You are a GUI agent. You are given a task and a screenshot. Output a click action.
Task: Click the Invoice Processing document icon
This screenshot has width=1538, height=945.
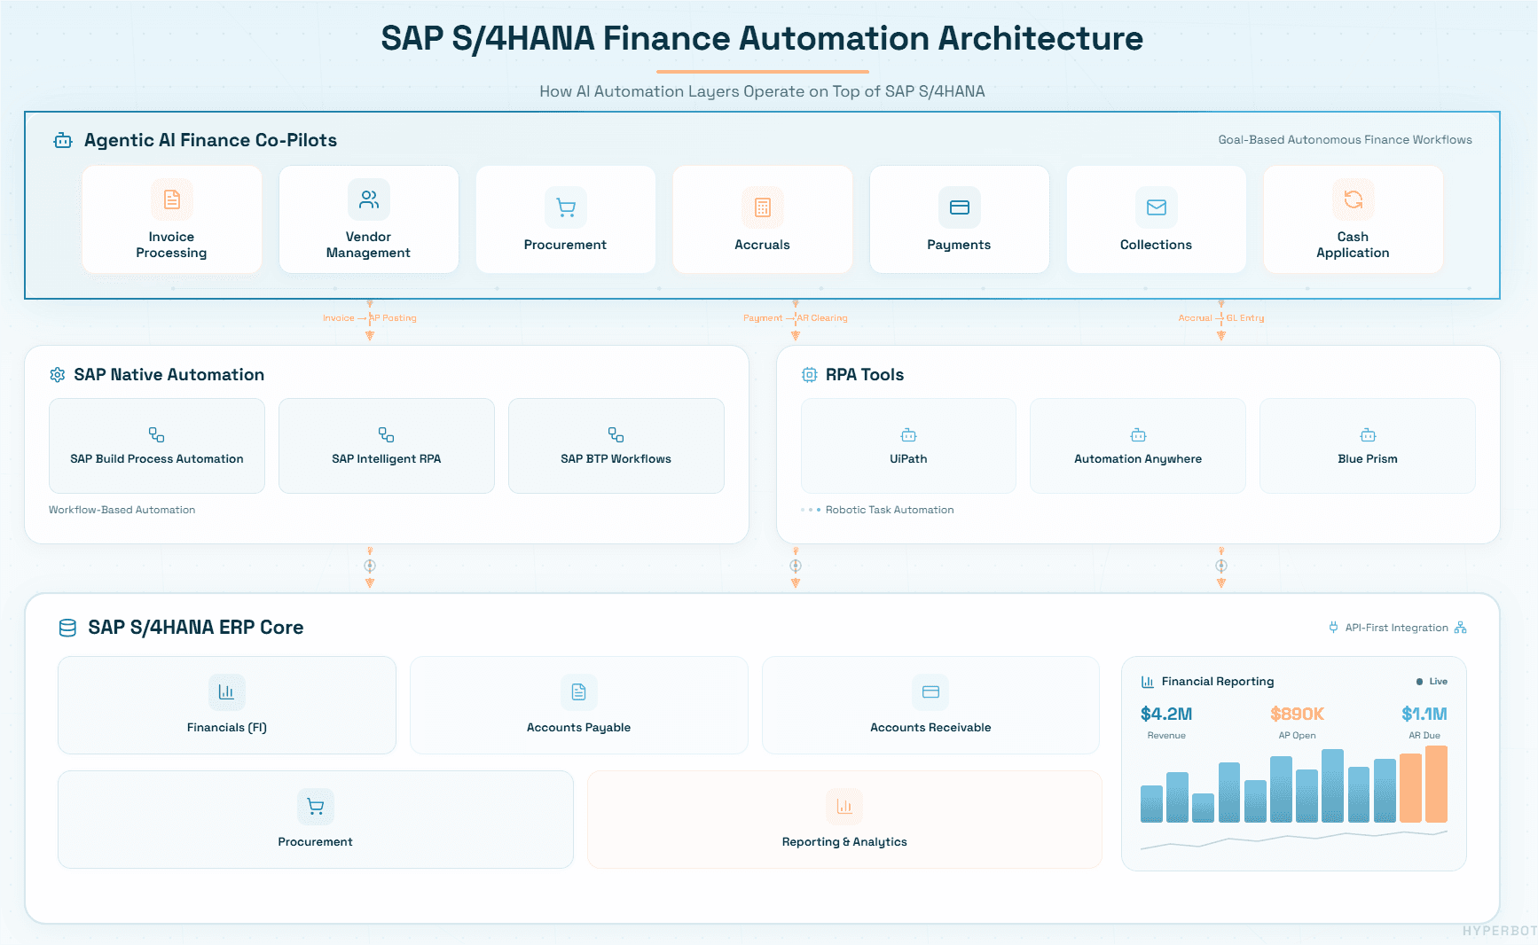(172, 199)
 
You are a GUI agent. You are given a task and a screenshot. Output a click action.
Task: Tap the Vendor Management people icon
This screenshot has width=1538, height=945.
(369, 199)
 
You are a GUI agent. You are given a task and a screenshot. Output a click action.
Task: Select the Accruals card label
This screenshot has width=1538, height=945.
(762, 245)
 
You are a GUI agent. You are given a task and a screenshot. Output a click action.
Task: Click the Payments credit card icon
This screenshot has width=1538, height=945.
(960, 207)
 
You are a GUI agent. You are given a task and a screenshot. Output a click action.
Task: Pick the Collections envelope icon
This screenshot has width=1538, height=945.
(1157, 207)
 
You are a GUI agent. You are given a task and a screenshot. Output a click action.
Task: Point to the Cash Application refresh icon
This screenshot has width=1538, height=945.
(1354, 199)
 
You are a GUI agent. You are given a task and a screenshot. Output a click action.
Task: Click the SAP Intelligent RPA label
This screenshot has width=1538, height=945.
(387, 459)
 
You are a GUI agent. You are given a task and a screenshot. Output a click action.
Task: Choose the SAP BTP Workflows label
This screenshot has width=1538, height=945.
(616, 459)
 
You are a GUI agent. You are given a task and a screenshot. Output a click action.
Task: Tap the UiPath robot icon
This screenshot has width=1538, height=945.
(908, 435)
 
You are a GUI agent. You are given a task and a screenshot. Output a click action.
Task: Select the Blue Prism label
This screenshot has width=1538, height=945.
(1368, 459)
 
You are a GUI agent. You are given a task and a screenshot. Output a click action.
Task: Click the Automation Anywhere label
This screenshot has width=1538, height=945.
(1138, 459)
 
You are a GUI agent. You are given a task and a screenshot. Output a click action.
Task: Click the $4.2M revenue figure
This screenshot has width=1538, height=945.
(1166, 714)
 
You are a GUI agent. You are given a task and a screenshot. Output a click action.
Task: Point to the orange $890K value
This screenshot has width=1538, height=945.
(1297, 714)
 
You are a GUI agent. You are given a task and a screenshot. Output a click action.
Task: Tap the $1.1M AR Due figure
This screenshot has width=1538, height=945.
(1424, 714)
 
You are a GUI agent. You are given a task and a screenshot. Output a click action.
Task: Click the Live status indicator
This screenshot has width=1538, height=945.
(1432, 682)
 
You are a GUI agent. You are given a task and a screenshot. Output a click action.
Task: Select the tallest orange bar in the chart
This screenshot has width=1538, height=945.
(1436, 785)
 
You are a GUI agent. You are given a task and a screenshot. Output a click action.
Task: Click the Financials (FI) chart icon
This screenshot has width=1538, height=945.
(227, 692)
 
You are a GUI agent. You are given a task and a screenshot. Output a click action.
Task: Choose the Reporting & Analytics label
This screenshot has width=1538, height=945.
(844, 842)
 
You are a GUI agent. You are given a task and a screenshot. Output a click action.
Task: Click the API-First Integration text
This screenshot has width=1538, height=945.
(1396, 628)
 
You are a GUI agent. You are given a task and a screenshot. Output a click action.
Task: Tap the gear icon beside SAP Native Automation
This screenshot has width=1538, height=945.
(58, 375)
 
